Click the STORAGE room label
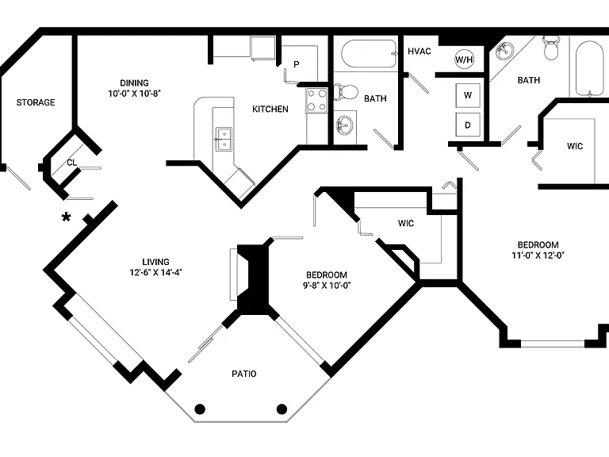pyautogui.click(x=36, y=102)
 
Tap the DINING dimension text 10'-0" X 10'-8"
pyautogui.click(x=134, y=94)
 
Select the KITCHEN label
pyautogui.click(x=270, y=109)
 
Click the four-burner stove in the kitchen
pyautogui.click(x=316, y=100)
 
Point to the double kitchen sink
pyautogui.click(x=224, y=139)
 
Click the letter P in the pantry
pyautogui.click(x=297, y=64)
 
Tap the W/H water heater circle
pyautogui.click(x=464, y=60)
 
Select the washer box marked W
pyautogui.click(x=468, y=95)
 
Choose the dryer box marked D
pyautogui.click(x=468, y=125)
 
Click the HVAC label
pyautogui.click(x=419, y=52)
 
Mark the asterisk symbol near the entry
pyautogui.click(x=67, y=217)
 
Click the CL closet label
pyautogui.click(x=72, y=163)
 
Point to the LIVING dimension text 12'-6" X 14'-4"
pyautogui.click(x=155, y=272)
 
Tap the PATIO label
pyautogui.click(x=244, y=374)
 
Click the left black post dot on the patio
pyautogui.click(x=200, y=409)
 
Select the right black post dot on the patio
pyautogui.click(x=282, y=409)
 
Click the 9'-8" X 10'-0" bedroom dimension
pyautogui.click(x=327, y=286)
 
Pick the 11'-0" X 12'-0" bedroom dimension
pyautogui.click(x=538, y=255)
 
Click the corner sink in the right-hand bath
pyautogui.click(x=504, y=51)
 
